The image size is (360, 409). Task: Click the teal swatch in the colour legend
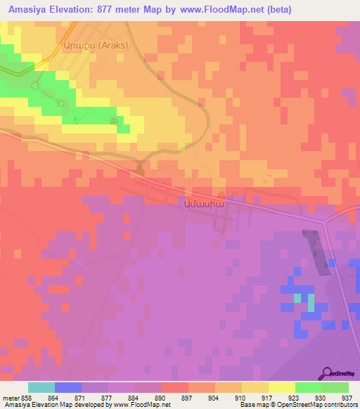click(x=41, y=387)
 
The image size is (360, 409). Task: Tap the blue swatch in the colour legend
click(x=67, y=387)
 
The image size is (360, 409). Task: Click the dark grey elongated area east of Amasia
click(x=318, y=252)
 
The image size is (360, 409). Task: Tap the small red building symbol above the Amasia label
click(x=222, y=195)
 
